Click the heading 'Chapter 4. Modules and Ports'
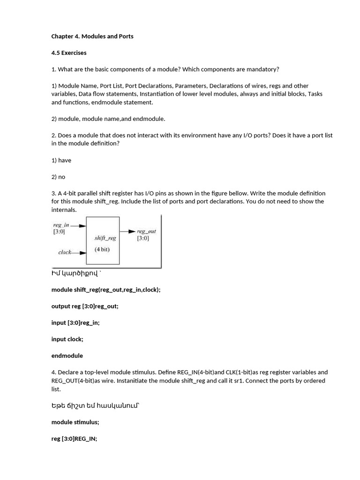click(x=92, y=36)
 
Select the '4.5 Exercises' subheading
click(x=69, y=52)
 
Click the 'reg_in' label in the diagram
click(x=61, y=225)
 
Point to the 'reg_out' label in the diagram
click(x=146, y=231)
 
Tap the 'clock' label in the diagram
click(x=65, y=252)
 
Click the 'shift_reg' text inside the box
click(x=105, y=238)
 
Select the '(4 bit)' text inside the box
click(x=102, y=249)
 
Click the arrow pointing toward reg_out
click(x=127, y=231)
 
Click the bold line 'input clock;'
click(x=67, y=339)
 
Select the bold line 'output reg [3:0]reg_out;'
click(x=85, y=306)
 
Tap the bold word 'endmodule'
click(x=67, y=355)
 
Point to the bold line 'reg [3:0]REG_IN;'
click(x=74, y=439)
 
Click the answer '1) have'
click(x=61, y=160)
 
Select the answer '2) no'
click(x=59, y=177)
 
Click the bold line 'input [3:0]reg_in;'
click(x=75, y=322)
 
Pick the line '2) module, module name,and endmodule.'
click(x=108, y=119)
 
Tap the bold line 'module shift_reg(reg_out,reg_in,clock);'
click(x=106, y=290)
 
